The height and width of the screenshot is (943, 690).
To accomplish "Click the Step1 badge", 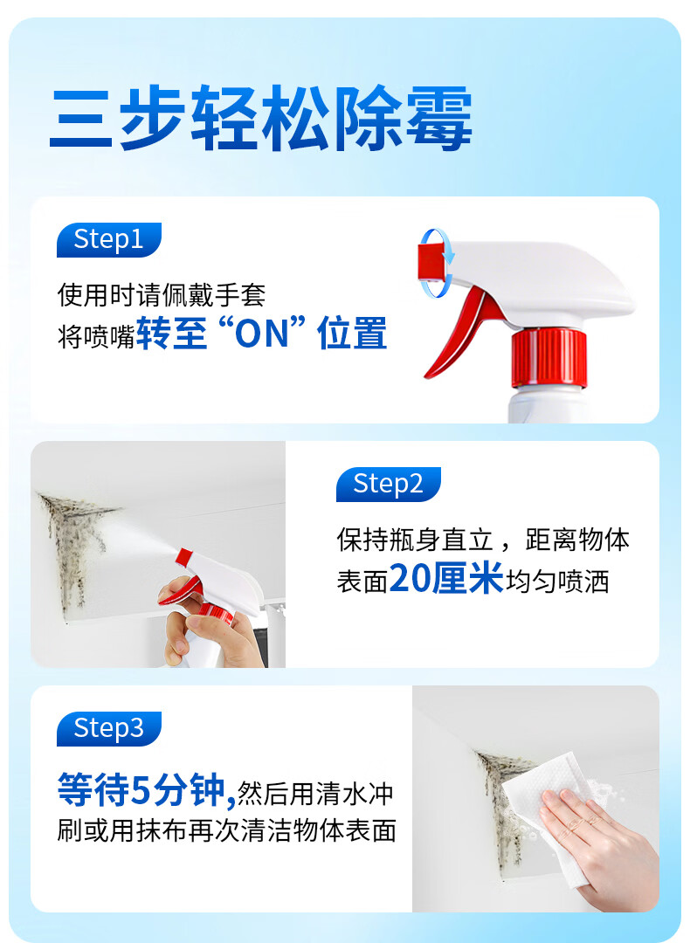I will [108, 240].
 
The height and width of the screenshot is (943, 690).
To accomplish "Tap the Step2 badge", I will [388, 485].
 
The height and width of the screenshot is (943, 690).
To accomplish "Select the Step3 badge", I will [108, 729].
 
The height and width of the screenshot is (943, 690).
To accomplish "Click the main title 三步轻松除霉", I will [260, 118].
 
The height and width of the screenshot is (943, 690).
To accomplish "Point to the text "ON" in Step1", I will [261, 334].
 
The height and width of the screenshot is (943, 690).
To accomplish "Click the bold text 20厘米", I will [446, 579].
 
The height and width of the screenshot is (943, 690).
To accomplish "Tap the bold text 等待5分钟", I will [144, 792].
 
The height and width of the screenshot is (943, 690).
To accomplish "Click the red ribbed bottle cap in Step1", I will [549, 358].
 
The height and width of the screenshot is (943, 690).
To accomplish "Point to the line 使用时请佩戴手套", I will [162, 295].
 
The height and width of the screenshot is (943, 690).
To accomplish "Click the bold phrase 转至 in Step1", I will [172, 334].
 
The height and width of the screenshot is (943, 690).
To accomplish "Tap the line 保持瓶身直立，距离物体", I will [483, 540].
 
